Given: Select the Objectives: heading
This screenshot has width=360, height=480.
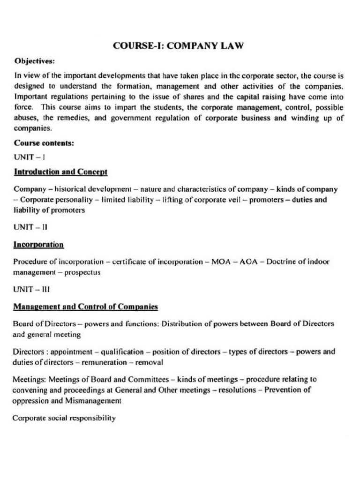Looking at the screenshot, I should (x=34, y=61).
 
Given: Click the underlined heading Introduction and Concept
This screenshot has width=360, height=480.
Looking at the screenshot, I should (x=60, y=172).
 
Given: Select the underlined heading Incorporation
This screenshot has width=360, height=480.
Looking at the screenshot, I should (x=38, y=245).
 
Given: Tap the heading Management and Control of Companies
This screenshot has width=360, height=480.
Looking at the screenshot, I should (x=85, y=307).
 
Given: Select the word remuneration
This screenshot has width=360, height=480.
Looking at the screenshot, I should (x=104, y=362).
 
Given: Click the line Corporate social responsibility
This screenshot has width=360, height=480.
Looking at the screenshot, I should (x=64, y=418).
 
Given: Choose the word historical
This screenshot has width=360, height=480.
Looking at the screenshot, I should (x=72, y=189).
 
